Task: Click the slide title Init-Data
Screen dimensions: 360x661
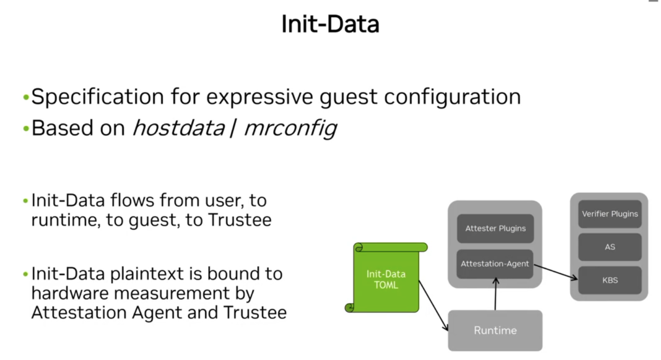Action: pos(330,24)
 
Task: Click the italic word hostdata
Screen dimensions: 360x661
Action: pos(179,128)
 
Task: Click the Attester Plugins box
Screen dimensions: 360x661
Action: pos(495,228)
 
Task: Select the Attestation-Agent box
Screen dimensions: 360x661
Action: pos(495,264)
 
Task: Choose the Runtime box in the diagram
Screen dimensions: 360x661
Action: pos(495,330)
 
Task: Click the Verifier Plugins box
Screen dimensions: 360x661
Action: pos(609,214)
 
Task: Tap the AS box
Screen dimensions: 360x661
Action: pos(609,247)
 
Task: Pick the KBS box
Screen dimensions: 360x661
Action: pos(609,280)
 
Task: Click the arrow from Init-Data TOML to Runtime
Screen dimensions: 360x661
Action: pos(433,305)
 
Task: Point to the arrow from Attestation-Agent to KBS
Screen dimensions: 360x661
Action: pos(555,271)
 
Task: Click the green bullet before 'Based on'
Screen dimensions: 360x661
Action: pos(26,129)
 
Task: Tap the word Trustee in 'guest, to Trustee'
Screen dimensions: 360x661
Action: pos(240,220)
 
